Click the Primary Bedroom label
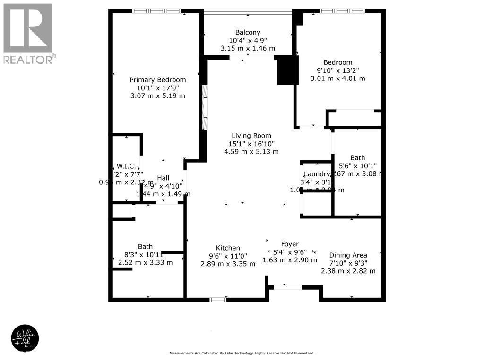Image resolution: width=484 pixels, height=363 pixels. pyautogui.click(x=157, y=80)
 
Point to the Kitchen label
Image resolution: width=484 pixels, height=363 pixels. pyautogui.click(x=228, y=248)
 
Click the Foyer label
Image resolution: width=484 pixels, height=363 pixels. pyautogui.click(x=290, y=244)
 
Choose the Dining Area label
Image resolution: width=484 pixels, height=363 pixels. pyautogui.click(x=348, y=255)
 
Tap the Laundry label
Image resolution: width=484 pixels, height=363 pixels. pyautogui.click(x=316, y=174)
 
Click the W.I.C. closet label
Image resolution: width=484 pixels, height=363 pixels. pyautogui.click(x=126, y=166)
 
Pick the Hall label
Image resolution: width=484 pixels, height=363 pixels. pyautogui.click(x=163, y=178)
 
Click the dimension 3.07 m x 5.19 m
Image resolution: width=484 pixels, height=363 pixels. pyautogui.click(x=157, y=96)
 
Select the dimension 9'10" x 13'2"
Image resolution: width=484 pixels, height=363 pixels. pyautogui.click(x=337, y=70)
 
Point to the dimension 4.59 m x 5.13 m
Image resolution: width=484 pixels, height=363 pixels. pyautogui.click(x=251, y=152)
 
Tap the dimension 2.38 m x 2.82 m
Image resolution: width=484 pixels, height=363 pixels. pyautogui.click(x=348, y=271)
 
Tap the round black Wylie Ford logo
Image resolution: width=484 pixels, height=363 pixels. pyautogui.click(x=25, y=338)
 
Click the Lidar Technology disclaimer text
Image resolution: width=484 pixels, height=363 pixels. pyautogui.click(x=242, y=353)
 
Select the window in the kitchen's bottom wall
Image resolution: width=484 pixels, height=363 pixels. pyautogui.click(x=217, y=300)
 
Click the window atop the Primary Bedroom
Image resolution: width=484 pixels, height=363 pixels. pyautogui.click(x=156, y=11)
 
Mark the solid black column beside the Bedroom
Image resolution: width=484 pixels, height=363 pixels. pyautogui.click(x=287, y=70)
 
